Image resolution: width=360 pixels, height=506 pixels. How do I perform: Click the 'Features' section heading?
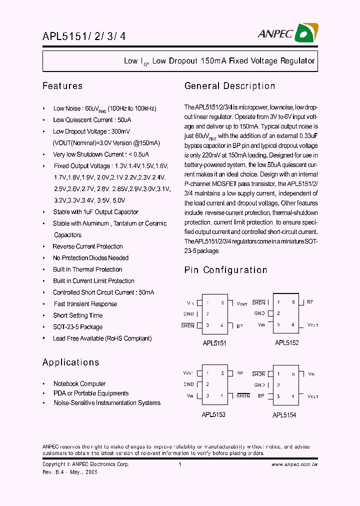click(62, 86)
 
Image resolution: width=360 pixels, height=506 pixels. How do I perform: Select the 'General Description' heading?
click(229, 86)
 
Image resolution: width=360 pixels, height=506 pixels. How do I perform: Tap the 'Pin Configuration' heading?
click(225, 270)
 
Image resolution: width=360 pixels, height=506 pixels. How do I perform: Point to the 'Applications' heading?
click(70, 362)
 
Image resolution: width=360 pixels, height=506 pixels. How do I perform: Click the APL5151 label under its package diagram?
click(214, 344)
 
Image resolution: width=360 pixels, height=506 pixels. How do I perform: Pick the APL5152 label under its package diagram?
click(287, 343)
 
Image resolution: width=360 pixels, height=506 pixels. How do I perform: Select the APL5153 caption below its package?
click(213, 414)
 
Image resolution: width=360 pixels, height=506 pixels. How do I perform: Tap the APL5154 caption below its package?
click(284, 415)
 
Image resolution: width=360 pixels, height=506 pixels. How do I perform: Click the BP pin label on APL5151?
click(240, 325)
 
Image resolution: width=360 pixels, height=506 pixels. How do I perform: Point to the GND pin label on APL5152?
click(259, 313)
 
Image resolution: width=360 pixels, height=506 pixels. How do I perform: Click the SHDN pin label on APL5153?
click(243, 396)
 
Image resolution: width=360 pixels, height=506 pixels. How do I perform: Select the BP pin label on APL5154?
click(261, 395)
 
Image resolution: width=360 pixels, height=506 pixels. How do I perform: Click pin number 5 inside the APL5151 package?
click(222, 303)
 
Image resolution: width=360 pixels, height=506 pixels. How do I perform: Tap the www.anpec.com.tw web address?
click(294, 464)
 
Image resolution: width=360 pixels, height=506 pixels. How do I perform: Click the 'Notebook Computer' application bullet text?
click(79, 384)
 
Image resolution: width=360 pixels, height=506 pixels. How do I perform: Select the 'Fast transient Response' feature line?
click(85, 304)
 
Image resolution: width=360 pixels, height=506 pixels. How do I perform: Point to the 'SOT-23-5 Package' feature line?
click(78, 327)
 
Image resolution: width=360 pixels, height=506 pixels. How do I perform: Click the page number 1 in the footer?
click(179, 464)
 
